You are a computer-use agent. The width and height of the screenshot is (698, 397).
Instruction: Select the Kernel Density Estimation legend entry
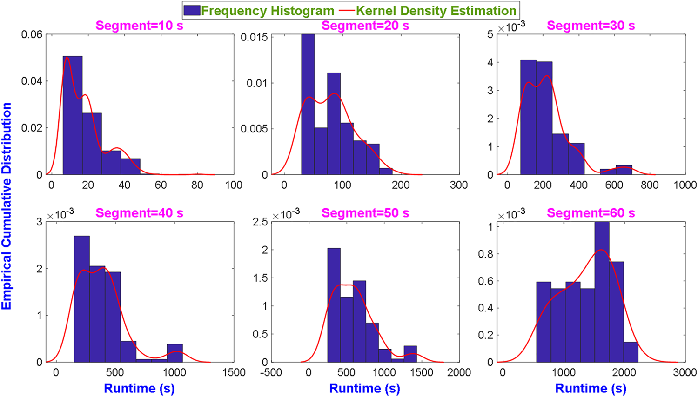(428, 11)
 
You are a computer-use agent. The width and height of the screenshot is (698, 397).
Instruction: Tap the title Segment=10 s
(139, 26)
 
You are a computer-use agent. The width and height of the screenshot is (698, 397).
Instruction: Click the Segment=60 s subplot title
(591, 213)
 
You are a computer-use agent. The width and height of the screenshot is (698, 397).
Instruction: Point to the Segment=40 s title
(139, 213)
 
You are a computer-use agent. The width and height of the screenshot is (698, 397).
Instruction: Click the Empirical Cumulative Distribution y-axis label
(7, 206)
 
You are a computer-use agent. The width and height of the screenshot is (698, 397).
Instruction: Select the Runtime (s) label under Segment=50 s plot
(365, 388)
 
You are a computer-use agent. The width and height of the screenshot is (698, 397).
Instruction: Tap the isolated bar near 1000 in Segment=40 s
(175, 353)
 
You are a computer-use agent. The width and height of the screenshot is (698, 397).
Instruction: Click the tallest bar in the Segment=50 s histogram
(334, 305)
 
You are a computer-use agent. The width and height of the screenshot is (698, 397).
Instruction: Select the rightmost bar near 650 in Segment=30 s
(624, 170)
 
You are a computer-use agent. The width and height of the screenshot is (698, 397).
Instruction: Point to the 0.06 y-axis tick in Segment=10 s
(32, 34)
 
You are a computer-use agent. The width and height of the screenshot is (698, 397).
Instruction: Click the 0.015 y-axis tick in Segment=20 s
(255, 37)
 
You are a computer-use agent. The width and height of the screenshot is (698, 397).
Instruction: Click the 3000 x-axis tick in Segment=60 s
(685, 372)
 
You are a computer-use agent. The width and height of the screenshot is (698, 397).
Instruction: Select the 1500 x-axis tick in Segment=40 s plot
(234, 372)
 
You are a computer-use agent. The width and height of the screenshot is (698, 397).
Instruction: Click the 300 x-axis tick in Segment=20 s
(459, 185)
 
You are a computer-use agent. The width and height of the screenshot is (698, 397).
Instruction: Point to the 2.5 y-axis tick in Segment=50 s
(260, 222)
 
